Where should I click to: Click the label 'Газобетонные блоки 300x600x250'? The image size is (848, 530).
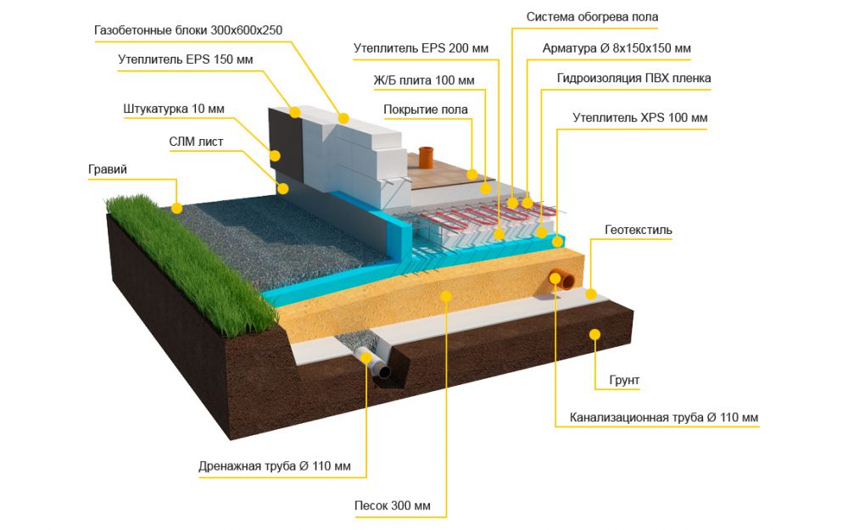[188, 30]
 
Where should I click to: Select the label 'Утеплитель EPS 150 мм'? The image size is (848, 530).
[185, 59]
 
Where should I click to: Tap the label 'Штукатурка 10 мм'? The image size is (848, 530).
[174, 109]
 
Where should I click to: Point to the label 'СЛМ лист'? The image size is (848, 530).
[197, 142]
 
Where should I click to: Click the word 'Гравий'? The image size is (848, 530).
[108, 170]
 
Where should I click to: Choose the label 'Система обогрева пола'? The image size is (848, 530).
[592, 17]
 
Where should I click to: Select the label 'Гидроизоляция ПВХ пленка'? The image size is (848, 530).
[633, 78]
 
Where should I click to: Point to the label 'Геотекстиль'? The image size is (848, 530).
[639, 229]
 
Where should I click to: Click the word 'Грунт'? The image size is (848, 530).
[624, 381]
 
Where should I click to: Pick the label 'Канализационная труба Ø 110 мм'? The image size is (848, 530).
[663, 418]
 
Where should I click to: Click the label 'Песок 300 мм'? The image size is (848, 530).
[393, 506]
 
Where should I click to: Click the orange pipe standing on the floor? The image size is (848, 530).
[427, 157]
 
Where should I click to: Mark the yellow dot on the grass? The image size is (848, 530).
[177, 206]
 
